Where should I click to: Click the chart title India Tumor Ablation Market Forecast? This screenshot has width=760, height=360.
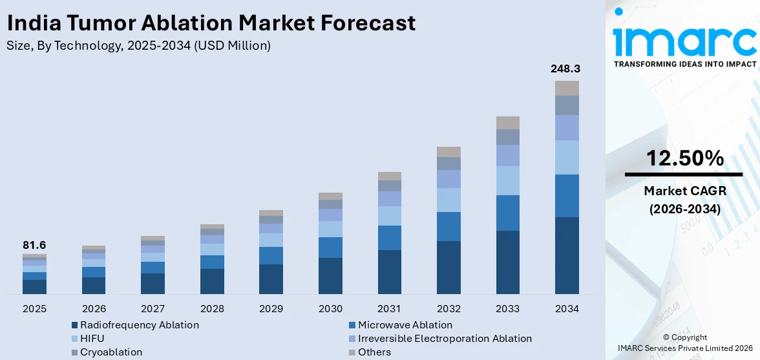coord(211,24)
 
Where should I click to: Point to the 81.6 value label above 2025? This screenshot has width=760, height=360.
coord(34,245)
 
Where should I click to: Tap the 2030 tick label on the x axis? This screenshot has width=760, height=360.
coord(330,308)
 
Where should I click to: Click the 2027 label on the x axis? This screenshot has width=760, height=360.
coord(153,308)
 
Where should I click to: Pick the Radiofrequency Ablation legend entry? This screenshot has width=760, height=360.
coord(139,325)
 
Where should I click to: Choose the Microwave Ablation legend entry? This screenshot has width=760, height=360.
coord(405,325)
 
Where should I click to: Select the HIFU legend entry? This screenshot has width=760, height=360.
coord(92,339)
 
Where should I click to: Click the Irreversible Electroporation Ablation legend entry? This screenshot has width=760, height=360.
coord(445,339)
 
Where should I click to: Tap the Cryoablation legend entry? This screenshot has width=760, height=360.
coord(111,352)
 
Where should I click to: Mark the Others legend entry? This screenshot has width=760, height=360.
coord(374,352)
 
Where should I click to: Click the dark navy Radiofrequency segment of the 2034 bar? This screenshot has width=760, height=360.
coord(567,255)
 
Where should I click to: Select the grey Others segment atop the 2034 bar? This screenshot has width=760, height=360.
coord(567,88)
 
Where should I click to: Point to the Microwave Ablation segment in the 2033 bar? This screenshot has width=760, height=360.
coord(508,213)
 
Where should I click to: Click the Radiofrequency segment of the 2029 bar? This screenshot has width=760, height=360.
coord(271,279)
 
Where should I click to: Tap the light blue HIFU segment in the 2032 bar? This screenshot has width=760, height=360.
coord(449,200)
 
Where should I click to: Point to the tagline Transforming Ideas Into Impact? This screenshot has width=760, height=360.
coord(684,64)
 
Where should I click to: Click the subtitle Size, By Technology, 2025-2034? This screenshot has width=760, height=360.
coord(138,45)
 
